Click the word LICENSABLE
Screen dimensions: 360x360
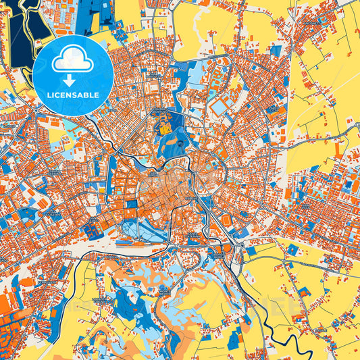(72, 95)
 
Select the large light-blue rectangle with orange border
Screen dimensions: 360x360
(220, 107)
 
